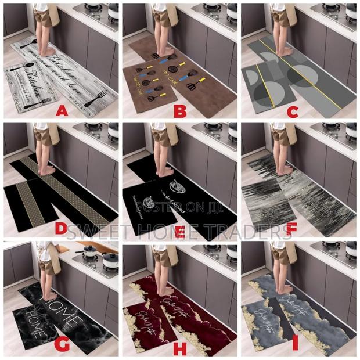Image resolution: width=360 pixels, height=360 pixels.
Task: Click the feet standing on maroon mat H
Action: pos(166,290)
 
